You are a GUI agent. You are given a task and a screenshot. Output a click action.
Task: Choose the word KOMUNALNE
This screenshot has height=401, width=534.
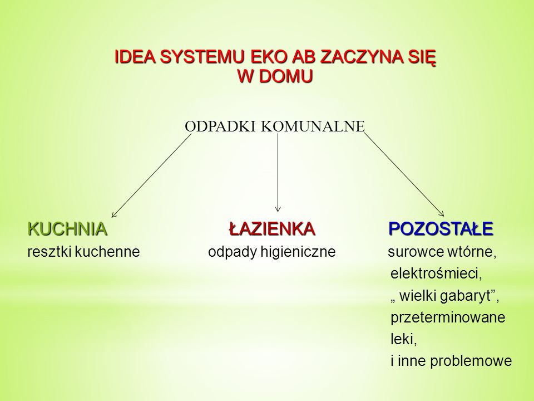(x=313, y=126)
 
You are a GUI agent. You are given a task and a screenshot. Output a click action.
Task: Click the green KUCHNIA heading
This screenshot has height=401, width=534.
(x=67, y=228)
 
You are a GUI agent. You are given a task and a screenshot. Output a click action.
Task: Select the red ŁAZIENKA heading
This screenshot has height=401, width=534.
(x=271, y=228)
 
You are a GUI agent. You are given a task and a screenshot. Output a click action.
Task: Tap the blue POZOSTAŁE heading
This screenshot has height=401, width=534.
(x=441, y=228)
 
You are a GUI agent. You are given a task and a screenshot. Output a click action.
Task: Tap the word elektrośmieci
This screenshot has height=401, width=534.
(x=436, y=273)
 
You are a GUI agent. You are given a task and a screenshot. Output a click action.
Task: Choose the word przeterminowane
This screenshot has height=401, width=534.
(x=448, y=317)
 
